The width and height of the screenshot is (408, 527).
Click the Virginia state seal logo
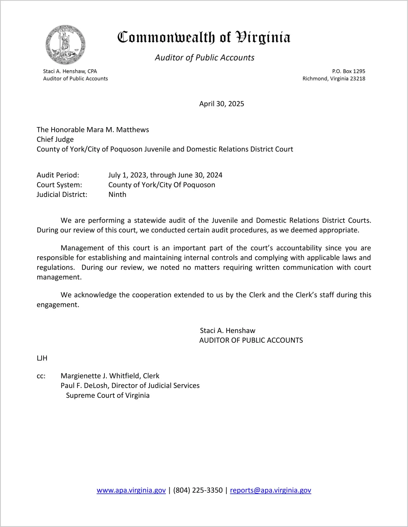click(65, 45)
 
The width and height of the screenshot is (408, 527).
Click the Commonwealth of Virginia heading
click(204, 37)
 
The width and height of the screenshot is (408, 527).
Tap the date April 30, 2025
click(221, 104)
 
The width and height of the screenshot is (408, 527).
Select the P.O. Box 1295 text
click(348, 71)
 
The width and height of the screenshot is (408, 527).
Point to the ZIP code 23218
click(357, 79)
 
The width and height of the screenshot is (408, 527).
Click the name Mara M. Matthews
click(118, 130)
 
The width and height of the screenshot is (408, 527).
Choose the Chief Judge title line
click(55, 139)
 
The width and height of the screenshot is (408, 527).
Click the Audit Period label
click(58, 175)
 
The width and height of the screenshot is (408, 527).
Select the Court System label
click(59, 185)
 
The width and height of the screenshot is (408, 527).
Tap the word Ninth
click(117, 195)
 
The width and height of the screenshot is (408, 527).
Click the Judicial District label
click(62, 195)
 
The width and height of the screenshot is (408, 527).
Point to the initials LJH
click(42, 358)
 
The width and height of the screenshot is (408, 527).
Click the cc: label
click(41, 376)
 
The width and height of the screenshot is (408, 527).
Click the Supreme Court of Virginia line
click(108, 395)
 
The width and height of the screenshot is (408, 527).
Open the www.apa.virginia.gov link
click(131, 490)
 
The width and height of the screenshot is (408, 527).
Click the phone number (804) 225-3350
click(198, 490)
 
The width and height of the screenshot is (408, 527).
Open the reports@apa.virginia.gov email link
click(270, 490)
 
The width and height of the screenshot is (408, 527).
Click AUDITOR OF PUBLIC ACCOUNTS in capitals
click(251, 340)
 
